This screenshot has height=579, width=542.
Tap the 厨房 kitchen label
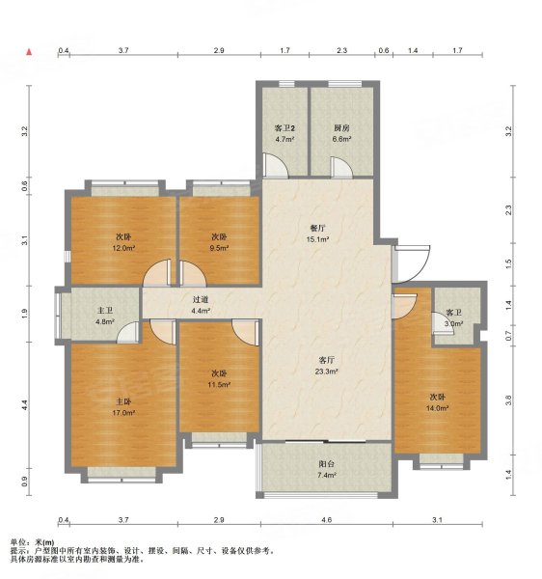click(340, 133)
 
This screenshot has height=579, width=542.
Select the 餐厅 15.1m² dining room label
click(318, 234)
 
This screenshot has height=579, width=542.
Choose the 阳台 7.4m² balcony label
click(328, 469)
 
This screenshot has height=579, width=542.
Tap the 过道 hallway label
click(200, 304)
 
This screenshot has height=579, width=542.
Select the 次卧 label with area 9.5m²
click(220, 242)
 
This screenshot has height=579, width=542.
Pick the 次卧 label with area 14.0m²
click(442, 402)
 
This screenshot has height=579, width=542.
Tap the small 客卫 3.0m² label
click(454, 317)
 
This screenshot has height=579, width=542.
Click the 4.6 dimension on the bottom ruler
click(328, 519)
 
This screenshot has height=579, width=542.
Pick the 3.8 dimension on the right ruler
click(507, 399)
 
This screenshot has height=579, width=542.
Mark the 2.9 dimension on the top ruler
click(220, 49)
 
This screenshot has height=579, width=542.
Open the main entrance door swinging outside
click(406, 259)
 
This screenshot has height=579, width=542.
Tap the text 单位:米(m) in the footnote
click(33, 543)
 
